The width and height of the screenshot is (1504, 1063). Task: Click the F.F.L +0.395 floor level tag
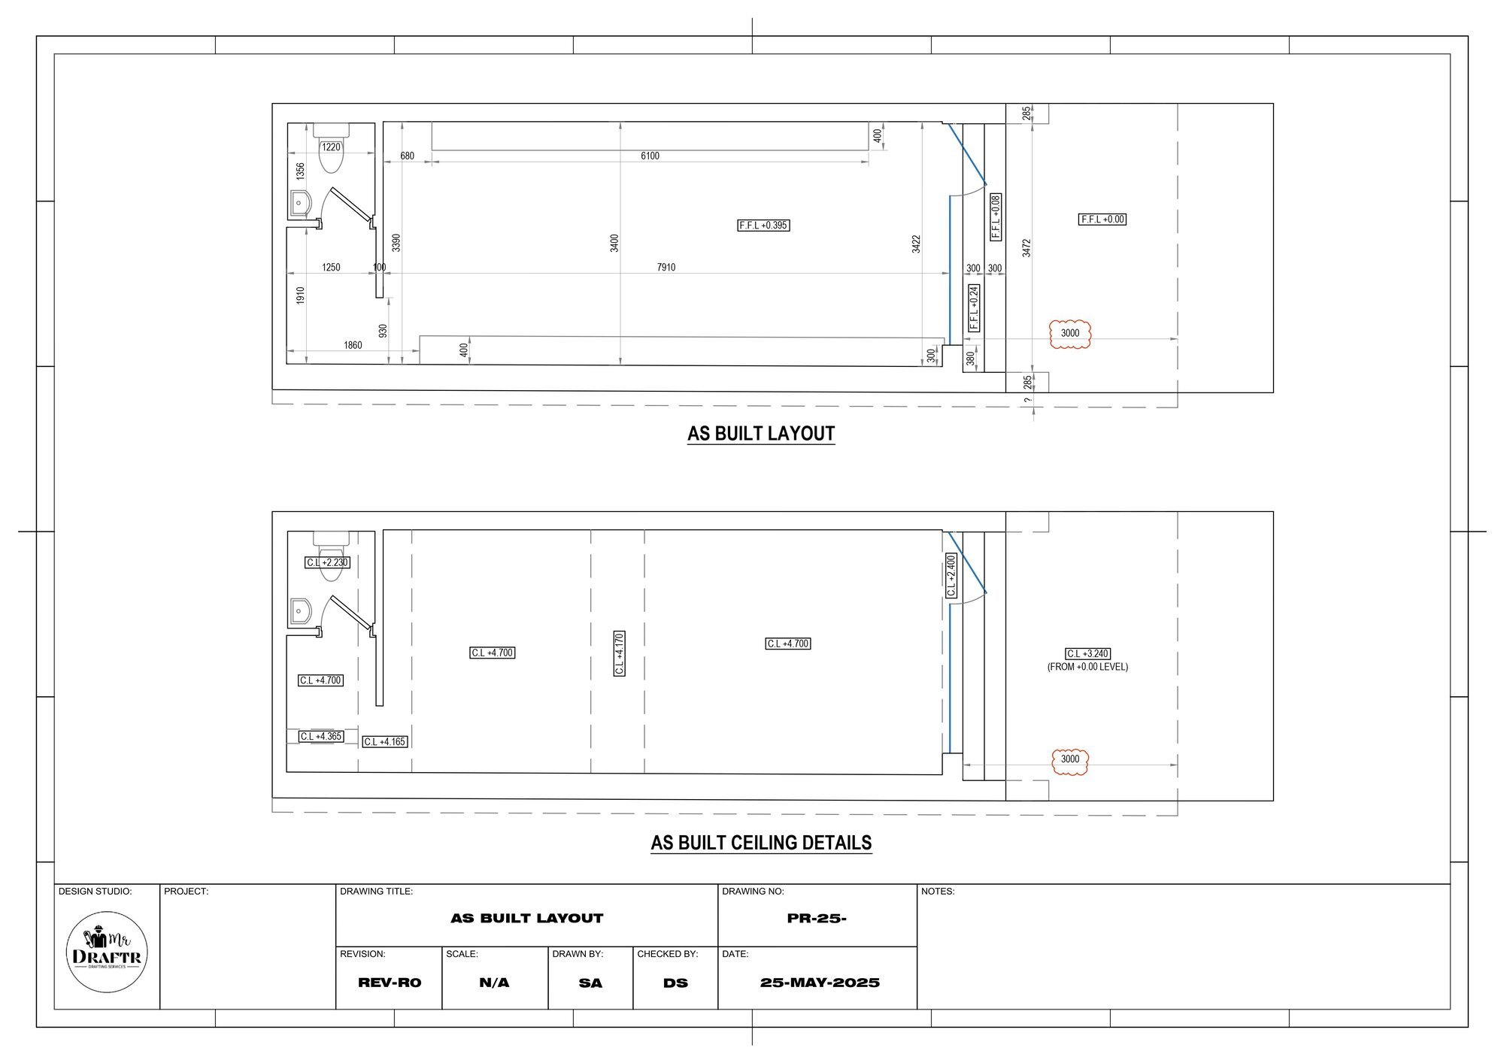[764, 225]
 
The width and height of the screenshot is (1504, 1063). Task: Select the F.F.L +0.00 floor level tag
[1102, 220]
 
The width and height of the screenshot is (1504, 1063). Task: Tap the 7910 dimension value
[666, 267]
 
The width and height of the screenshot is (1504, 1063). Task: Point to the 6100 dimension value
[650, 156]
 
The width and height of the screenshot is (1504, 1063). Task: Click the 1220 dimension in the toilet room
[331, 147]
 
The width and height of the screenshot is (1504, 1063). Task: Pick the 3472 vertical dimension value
[1026, 247]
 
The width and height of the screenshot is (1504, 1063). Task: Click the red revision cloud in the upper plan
[1069, 333]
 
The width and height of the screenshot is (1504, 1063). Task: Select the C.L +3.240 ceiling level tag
[1087, 654]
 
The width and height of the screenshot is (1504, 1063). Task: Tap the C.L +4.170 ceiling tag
[619, 653]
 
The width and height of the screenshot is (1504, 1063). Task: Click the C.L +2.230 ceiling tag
[327, 562]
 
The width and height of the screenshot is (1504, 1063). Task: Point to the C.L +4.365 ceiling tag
[321, 737]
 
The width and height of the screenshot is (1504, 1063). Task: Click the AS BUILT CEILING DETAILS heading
[761, 843]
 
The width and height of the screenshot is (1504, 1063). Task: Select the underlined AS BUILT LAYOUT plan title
[761, 434]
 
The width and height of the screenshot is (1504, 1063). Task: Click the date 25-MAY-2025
[820, 983]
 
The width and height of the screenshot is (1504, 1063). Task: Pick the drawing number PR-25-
[817, 918]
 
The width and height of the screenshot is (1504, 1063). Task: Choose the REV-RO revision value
[390, 983]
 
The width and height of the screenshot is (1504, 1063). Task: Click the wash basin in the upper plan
[299, 203]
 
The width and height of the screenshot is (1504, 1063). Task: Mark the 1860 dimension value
[353, 346]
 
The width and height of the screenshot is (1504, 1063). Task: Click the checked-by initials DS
[675, 983]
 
